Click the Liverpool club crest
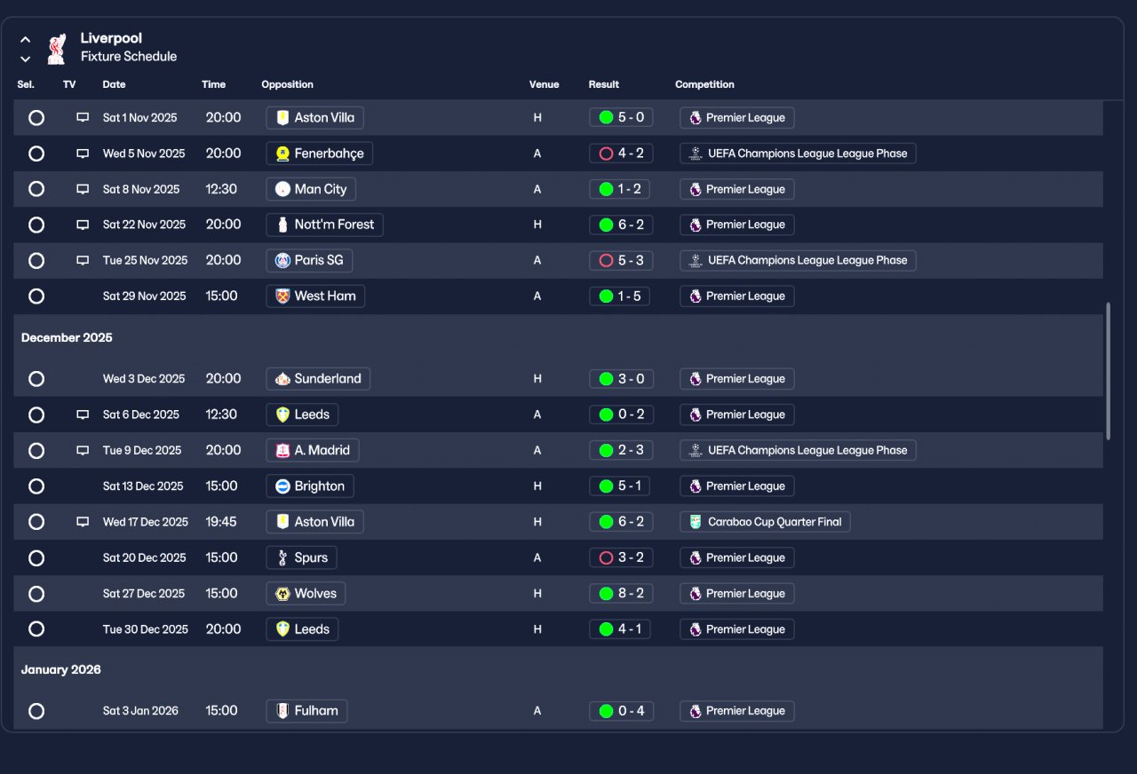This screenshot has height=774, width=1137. pos(57,48)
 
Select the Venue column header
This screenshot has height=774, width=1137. pos(544,84)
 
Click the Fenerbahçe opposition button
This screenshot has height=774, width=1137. pos(320,154)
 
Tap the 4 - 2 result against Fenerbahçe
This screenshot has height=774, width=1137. pos(621,154)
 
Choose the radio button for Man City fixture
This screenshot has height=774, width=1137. pos(36,189)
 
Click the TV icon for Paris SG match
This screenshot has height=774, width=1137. pos(83,260)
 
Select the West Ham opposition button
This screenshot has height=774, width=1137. pos(315,296)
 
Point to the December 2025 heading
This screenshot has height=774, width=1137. pos(67,337)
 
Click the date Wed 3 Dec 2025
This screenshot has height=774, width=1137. pos(144,379)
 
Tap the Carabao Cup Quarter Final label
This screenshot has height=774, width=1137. pos(765,522)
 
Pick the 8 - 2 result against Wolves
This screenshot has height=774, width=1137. pos(621,594)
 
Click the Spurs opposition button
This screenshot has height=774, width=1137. pos(301,557)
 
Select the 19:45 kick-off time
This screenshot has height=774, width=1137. pos(221,522)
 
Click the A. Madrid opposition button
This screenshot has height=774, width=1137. pos(313,450)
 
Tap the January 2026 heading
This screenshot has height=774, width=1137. pos(61,669)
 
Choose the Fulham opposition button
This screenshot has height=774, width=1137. pos(306,711)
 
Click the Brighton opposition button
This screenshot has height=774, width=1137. pos(310,486)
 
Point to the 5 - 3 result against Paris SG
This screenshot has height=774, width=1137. pos(621,260)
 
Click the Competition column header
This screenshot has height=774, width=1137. pos(704,84)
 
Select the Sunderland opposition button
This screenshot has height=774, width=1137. pos(318,379)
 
